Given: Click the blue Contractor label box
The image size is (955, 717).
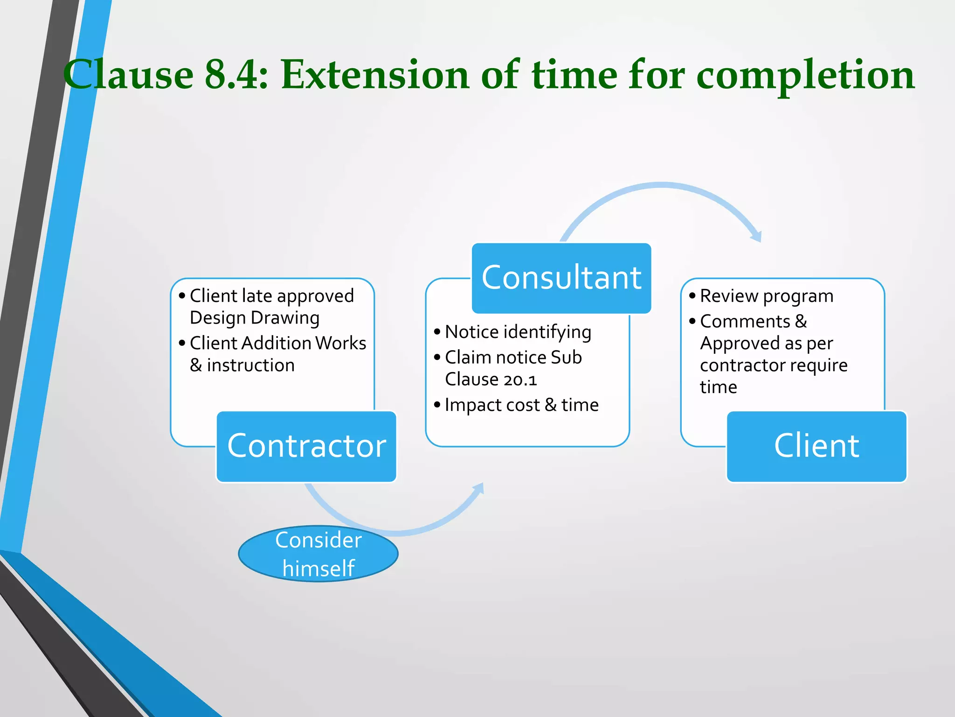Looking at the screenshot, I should pos(306,446).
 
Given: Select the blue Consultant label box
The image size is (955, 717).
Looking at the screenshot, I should pos(561,278).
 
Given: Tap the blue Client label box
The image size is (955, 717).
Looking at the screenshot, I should pos(816,446).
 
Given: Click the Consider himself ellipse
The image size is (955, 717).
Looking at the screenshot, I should pos(318,554).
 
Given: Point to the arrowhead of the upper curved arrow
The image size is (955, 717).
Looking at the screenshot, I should pos(756,235).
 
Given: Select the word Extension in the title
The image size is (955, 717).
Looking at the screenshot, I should pos(375,75).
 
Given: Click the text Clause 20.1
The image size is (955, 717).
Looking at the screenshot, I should pos(491,380).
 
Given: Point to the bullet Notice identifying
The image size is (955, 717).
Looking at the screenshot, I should pos(518,332).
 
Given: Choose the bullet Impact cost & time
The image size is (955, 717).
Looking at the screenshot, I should pos(521,405).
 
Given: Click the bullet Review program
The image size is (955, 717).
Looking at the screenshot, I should pos(766,296).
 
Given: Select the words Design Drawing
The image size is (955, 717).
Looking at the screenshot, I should pos(255,318).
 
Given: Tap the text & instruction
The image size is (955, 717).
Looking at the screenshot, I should pos(242,365).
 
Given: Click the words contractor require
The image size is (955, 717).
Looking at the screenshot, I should pos(773,365).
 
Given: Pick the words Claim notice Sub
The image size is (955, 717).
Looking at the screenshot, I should pos(513,358).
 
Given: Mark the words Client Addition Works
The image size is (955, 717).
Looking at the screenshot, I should pos(278,343).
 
